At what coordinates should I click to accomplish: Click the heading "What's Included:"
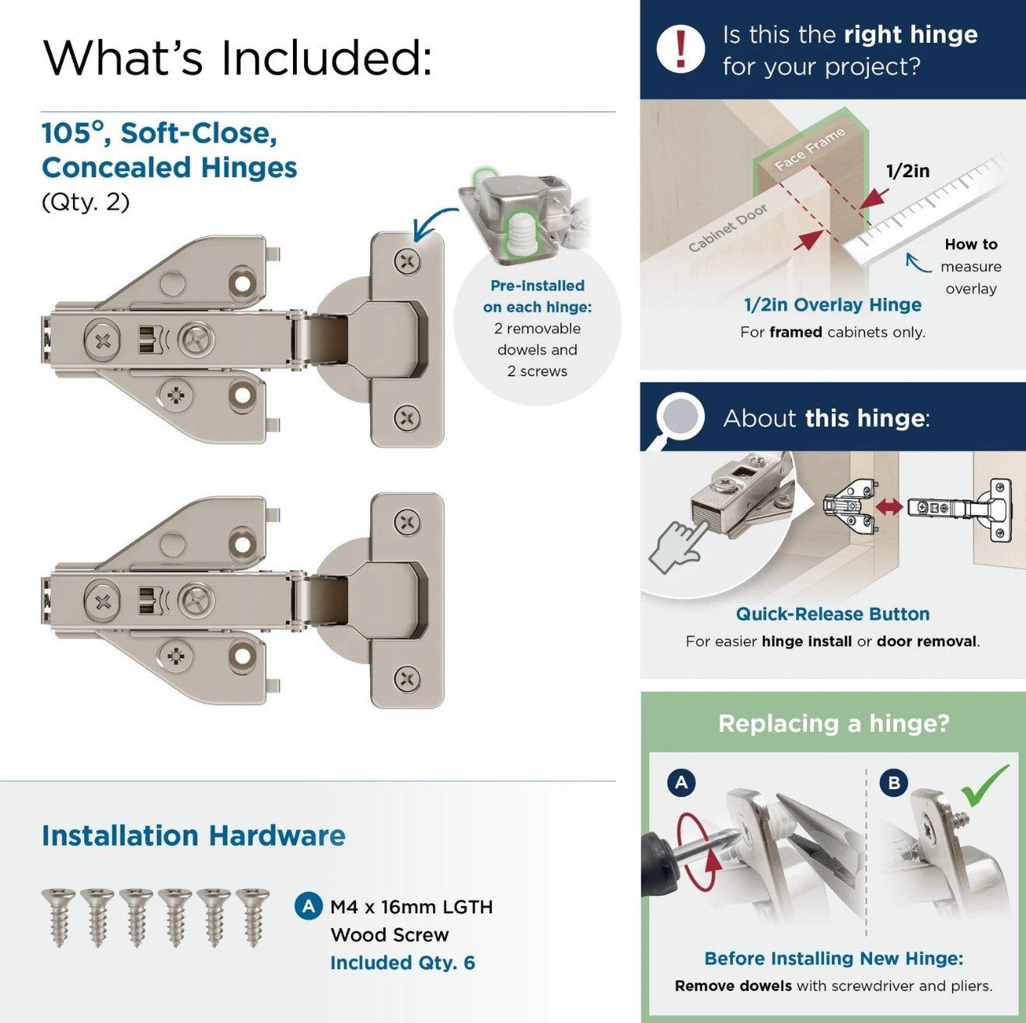(237, 57)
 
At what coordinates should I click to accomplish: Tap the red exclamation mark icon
(680, 48)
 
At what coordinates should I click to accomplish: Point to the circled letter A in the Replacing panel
(682, 782)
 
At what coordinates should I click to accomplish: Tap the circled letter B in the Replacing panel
(894, 782)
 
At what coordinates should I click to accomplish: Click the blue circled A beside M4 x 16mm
(309, 906)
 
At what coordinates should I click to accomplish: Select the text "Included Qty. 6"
(402, 962)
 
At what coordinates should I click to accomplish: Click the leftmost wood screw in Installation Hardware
(58, 917)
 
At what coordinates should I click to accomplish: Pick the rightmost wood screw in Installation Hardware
(253, 917)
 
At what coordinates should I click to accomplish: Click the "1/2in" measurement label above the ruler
(907, 171)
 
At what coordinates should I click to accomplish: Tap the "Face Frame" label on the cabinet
(809, 148)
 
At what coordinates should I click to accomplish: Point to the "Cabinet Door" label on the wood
(728, 228)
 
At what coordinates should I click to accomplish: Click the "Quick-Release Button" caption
(832, 614)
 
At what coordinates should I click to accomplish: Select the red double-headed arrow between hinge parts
(889, 507)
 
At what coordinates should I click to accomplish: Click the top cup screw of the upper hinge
(407, 261)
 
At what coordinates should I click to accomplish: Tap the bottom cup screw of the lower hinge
(407, 680)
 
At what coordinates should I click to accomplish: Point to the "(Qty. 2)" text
(85, 202)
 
